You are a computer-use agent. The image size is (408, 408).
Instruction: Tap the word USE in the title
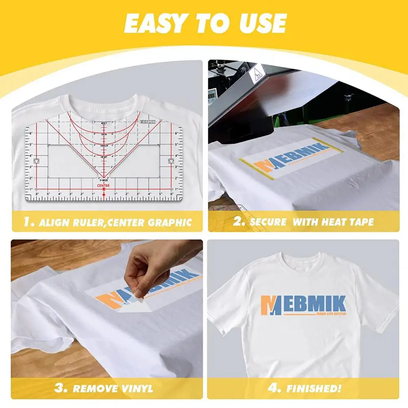tap(260, 24)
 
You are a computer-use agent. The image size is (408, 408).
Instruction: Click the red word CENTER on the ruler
tap(103, 185)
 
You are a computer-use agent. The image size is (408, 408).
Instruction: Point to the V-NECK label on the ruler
tap(103, 181)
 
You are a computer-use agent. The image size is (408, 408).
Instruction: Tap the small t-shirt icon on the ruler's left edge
tap(35, 160)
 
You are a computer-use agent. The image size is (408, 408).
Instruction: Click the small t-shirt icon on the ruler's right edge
tap(171, 160)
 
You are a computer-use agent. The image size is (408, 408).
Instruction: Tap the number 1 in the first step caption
tap(27, 222)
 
